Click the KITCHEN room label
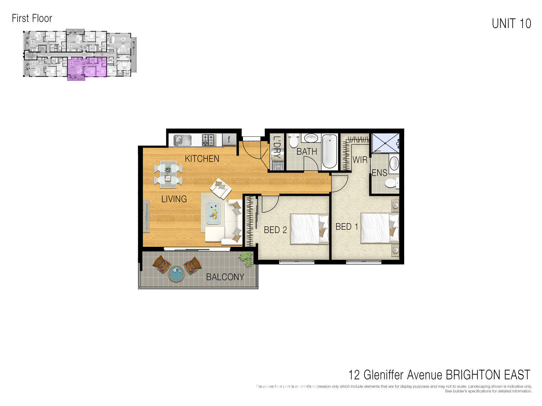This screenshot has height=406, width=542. pos(202,159)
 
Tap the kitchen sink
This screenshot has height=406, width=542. pos(182,140)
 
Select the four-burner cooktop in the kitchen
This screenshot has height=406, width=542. pos(209,140)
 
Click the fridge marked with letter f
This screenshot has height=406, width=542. pos(229,139)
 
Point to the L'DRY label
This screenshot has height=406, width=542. pos(277,148)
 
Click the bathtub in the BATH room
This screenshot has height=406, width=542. pos(330,151)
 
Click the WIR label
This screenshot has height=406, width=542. pos(360,160)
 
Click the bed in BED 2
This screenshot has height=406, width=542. pos(309,229)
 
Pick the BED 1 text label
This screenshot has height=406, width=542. pos(347,227)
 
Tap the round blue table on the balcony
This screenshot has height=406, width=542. pos(176,274)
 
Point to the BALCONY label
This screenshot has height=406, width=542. pos(225,277)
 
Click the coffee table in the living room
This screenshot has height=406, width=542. pos(213,213)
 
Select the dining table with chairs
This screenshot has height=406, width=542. pos(168,174)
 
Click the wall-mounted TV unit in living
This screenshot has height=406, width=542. pos(147,216)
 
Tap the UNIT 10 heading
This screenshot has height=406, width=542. pos(511,24)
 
